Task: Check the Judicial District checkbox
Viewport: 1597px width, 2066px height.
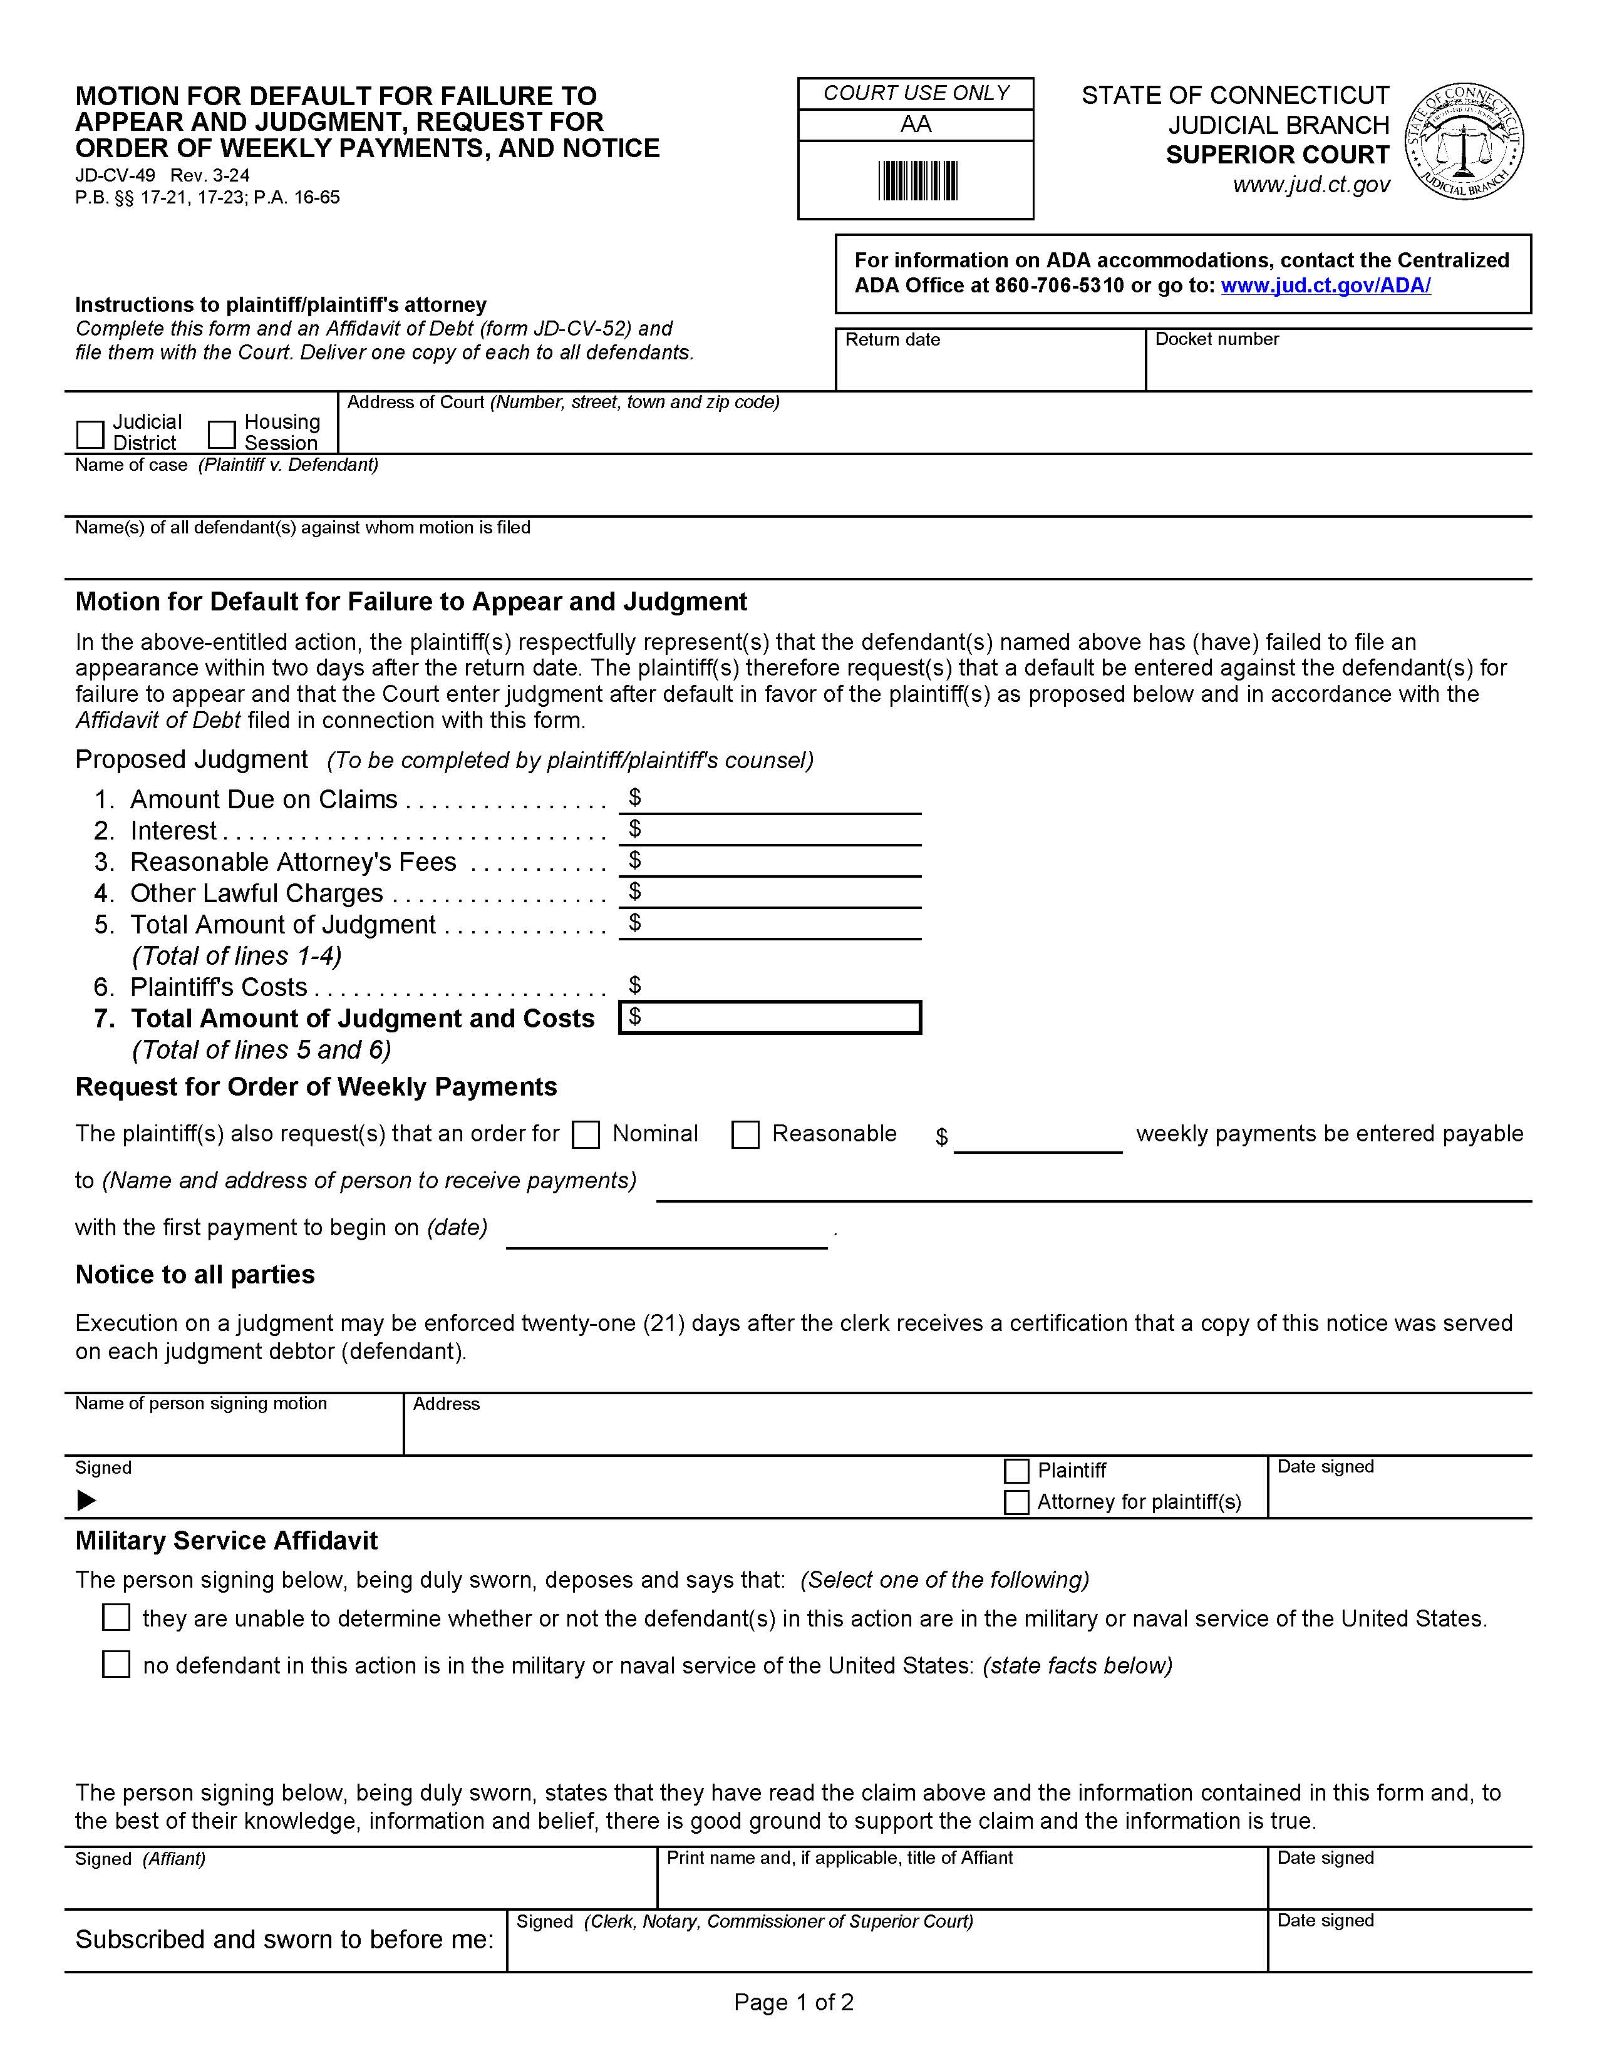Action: (x=90, y=434)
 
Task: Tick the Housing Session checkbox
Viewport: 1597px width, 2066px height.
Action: (x=221, y=434)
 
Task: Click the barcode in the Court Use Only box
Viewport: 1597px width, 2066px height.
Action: (x=917, y=181)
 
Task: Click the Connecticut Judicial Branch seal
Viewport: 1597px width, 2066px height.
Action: (x=1464, y=141)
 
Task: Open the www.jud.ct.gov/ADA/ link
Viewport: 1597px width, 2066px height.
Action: (x=1325, y=285)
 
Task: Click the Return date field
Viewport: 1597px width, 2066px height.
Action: (x=990, y=368)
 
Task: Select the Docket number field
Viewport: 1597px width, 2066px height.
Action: (x=1337, y=368)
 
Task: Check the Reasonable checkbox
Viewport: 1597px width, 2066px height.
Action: (x=745, y=1134)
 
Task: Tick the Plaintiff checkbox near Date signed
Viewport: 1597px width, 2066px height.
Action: (x=1016, y=1471)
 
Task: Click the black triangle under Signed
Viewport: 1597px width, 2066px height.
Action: (x=86, y=1500)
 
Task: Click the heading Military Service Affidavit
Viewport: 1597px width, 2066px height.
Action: (x=226, y=1541)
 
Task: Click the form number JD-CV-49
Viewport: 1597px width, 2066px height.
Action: (x=115, y=175)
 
